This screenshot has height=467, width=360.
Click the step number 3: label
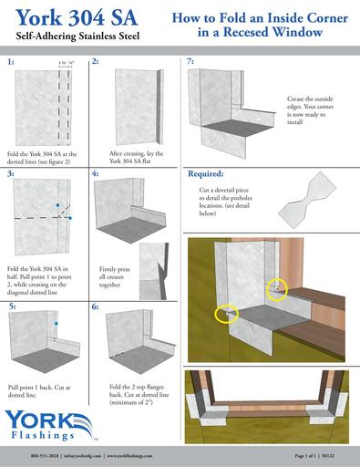pos(10,172)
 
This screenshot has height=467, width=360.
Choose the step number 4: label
pos(96,172)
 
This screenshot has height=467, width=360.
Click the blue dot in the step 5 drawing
pos(56,324)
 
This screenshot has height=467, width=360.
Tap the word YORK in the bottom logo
pos(35,420)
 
